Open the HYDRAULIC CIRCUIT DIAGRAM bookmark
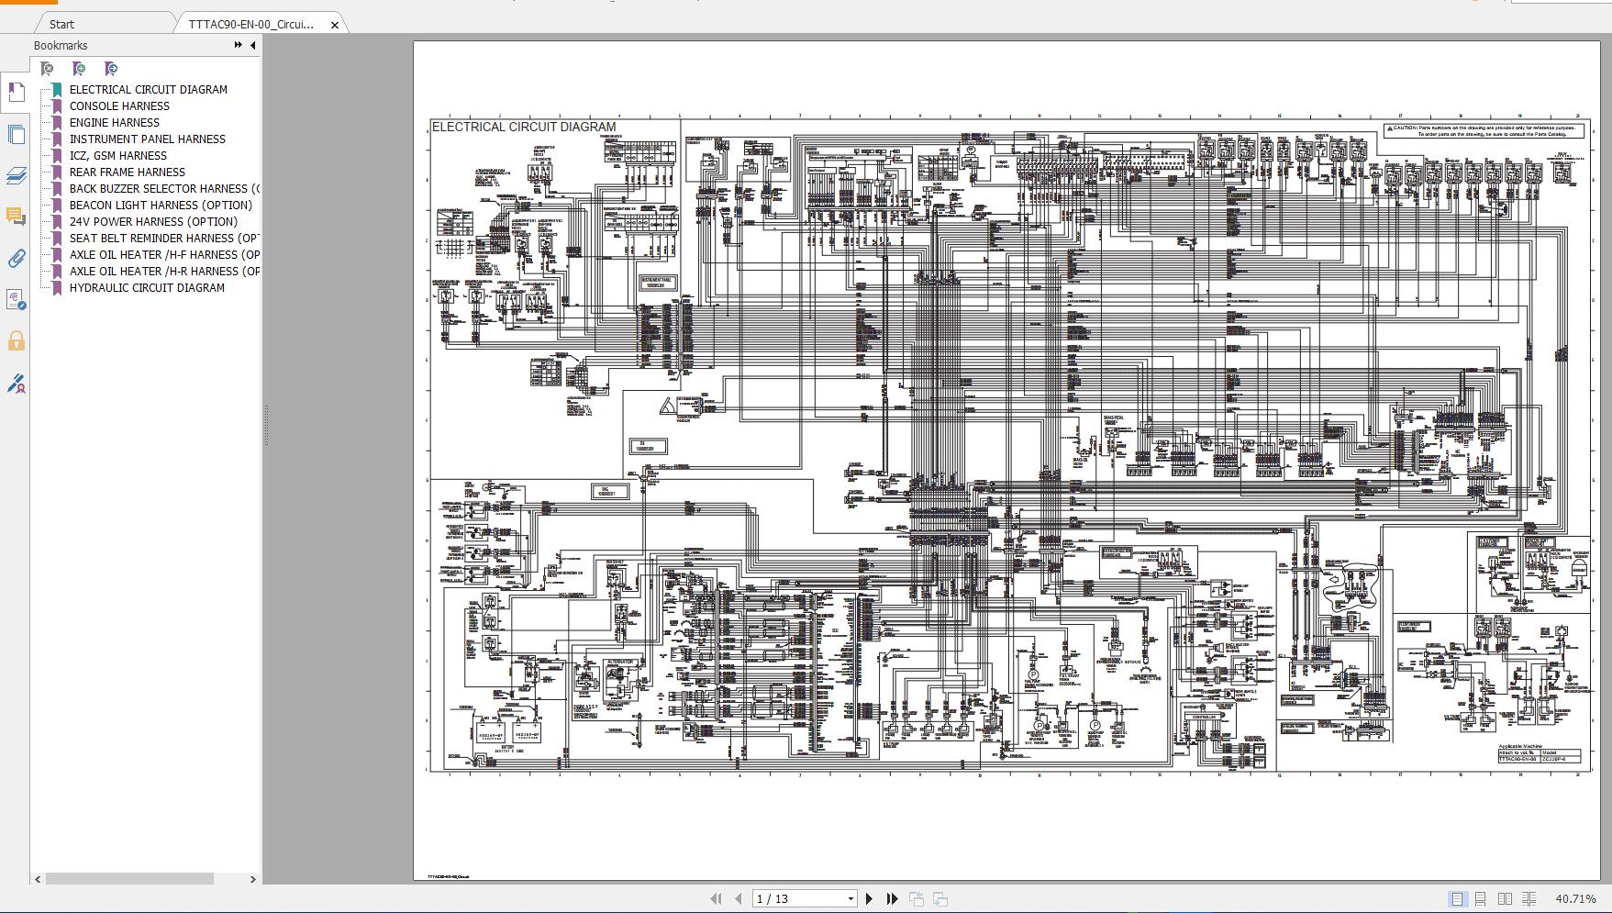pos(147,287)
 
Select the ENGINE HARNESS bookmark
pos(114,122)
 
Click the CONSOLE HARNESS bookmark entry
pos(119,106)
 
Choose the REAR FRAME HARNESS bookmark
pos(127,172)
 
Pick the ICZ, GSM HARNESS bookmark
pos(117,155)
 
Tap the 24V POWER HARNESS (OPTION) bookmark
pos(153,221)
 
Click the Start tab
pos(62,24)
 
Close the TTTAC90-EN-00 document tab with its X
pos(335,25)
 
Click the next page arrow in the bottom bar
pos(869,898)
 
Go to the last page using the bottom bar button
pos(892,898)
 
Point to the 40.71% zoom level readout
pos(1575,898)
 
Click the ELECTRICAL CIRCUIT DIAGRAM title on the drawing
pos(524,127)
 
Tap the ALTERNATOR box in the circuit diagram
pos(620,662)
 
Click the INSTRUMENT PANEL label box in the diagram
pos(656,283)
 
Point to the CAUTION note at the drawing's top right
pos(1484,131)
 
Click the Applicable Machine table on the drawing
pos(1539,755)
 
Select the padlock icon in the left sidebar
pos(16,341)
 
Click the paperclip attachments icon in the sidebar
pos(16,259)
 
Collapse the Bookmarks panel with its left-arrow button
pos(252,45)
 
